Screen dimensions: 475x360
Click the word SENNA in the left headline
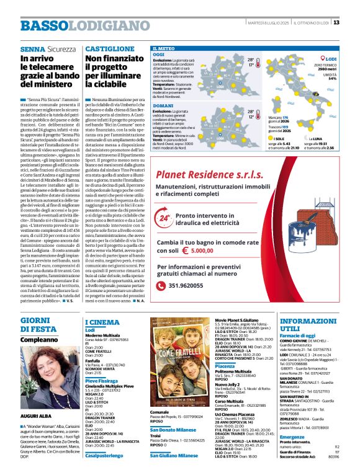pyautogui.click(x=32, y=48)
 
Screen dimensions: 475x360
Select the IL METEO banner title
pyautogui.click(x=163, y=48)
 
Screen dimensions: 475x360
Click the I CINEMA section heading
pyautogui.click(x=102, y=322)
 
